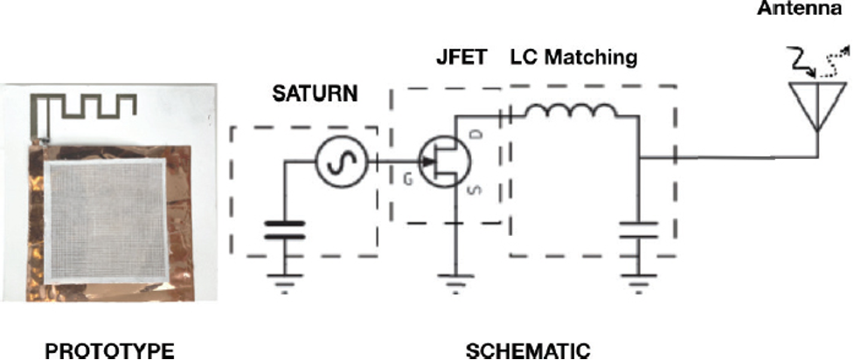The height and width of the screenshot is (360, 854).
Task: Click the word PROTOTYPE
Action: [x=109, y=351]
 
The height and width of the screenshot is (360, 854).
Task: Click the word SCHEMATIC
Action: [x=528, y=351]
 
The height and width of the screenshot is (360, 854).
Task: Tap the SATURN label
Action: [x=315, y=93]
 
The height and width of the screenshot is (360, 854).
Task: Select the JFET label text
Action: [x=461, y=57]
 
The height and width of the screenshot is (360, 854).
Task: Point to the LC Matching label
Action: [x=573, y=57]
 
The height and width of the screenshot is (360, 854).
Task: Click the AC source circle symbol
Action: [x=343, y=161]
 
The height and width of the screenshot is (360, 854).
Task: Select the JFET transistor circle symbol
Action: [x=444, y=161]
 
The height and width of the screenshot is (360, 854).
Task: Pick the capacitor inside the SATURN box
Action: [x=284, y=229]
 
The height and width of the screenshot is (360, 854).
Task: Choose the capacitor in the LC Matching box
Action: [x=638, y=229]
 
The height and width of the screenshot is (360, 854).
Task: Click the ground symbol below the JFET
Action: [x=455, y=283]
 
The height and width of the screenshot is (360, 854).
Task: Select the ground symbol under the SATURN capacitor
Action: [x=284, y=283]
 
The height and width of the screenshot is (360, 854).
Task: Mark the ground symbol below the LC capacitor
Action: [x=638, y=283]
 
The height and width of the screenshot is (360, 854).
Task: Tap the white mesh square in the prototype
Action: [x=105, y=222]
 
